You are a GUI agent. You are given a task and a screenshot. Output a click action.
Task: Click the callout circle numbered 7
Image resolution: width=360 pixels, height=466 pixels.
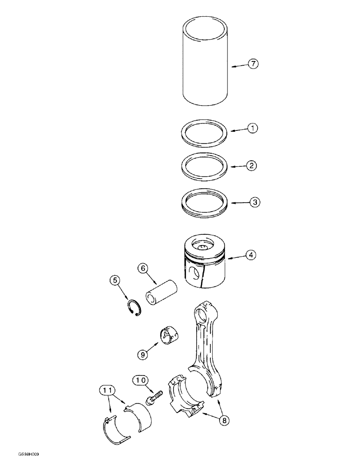(x=253, y=64)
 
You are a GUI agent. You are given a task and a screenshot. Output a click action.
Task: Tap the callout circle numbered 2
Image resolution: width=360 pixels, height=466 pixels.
(x=253, y=165)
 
